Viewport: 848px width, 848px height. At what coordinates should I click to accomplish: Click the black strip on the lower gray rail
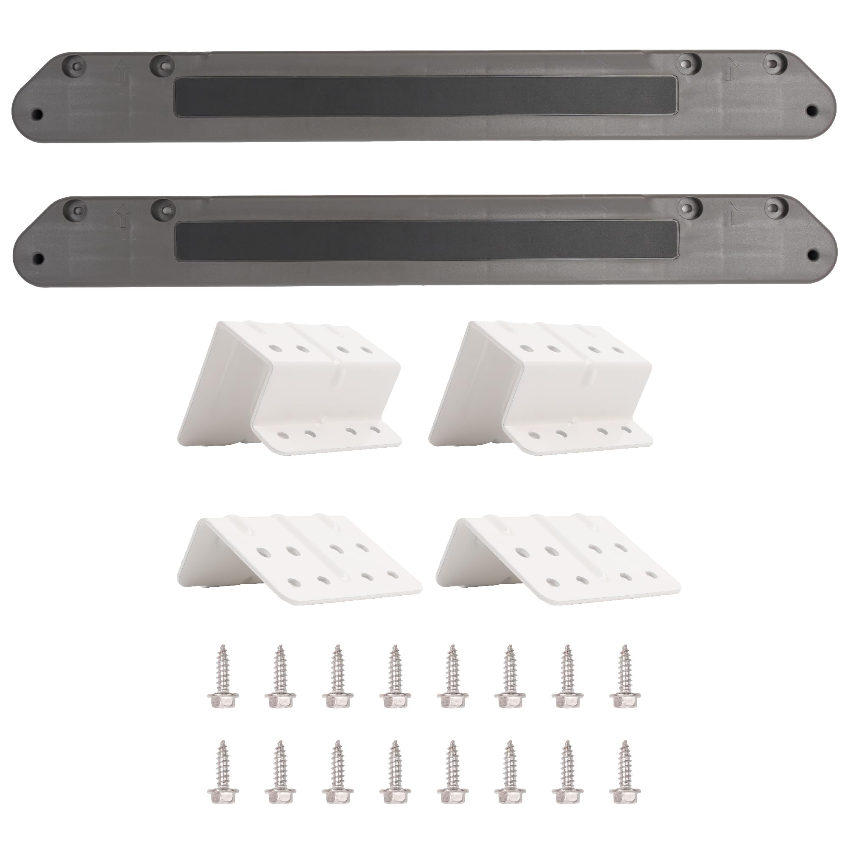tap(426, 241)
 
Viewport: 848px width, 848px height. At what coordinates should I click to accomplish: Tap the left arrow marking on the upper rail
tap(122, 72)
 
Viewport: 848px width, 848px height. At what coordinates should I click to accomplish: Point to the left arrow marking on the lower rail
tap(123, 215)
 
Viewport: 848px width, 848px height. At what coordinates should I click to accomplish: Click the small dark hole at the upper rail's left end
tap(38, 114)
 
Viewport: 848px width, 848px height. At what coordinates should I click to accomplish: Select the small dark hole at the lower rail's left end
tap(38, 258)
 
